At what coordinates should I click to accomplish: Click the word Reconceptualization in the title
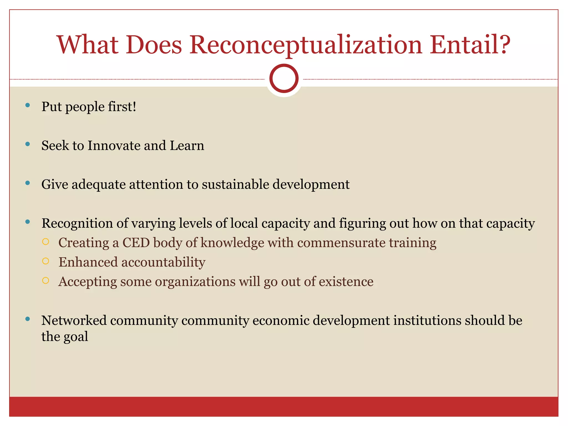coord(306,45)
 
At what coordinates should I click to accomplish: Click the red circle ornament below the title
coord(284,78)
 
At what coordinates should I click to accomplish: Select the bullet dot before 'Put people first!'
coord(27,105)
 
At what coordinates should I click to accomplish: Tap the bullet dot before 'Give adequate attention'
coord(27,183)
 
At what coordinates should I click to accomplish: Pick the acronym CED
coord(136,243)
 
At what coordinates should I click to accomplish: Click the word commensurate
coord(341,243)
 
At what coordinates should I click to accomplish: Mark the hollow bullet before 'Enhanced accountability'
coord(46,261)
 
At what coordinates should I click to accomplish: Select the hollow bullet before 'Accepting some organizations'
coord(46,281)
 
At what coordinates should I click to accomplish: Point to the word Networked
coord(74,321)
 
